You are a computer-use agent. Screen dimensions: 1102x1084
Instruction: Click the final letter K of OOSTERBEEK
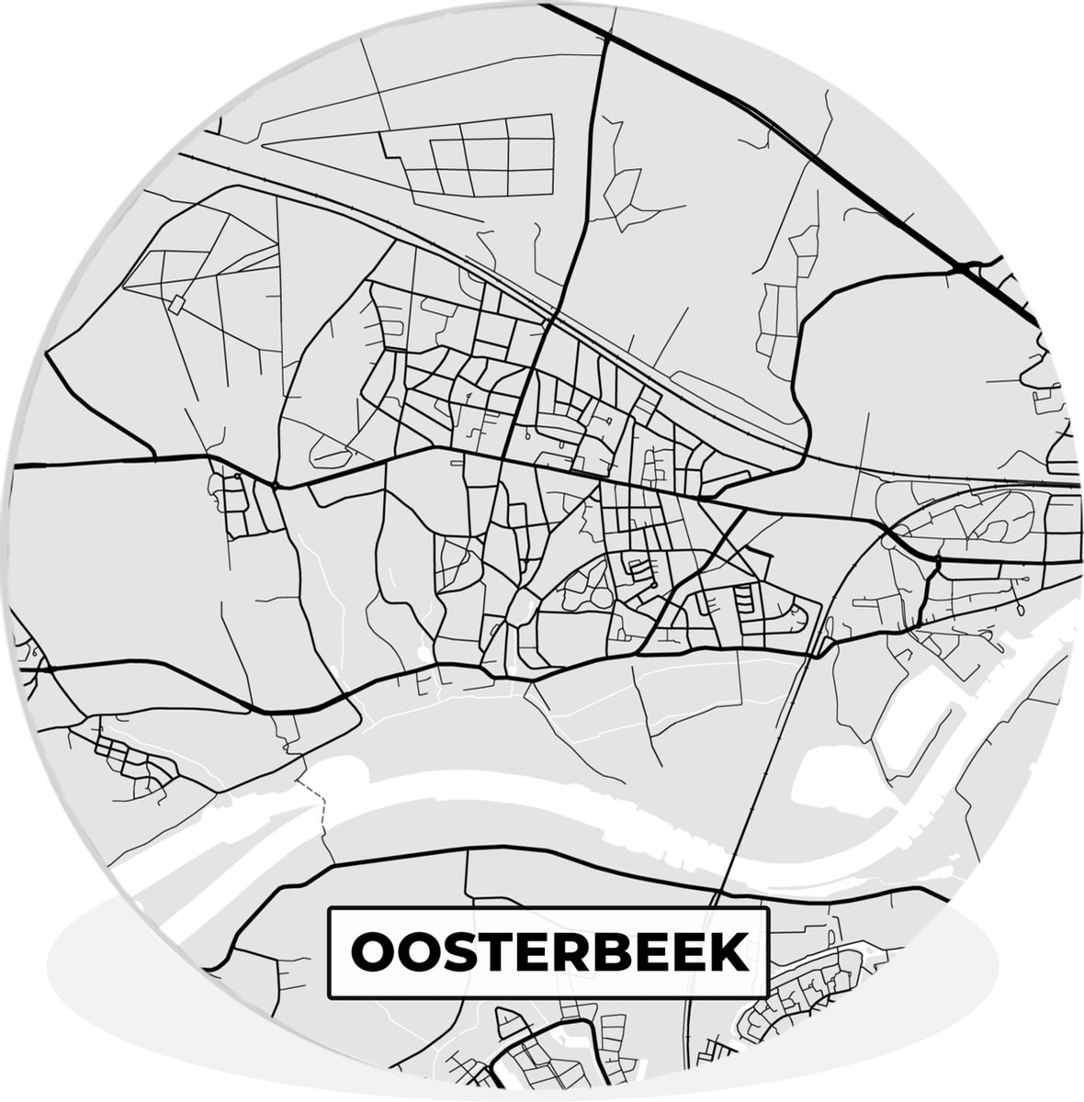click(728, 953)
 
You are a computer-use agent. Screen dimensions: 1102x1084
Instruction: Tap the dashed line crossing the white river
click(322, 813)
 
